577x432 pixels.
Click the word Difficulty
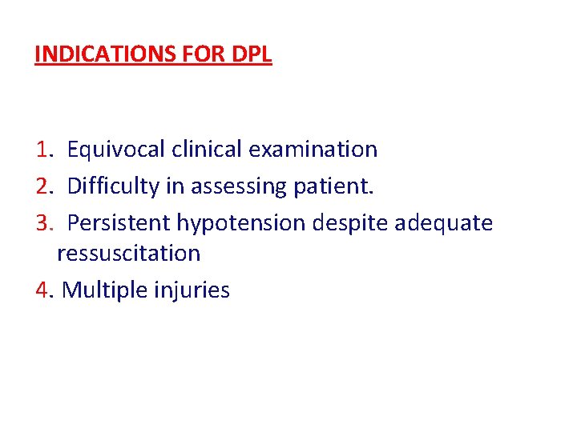pyautogui.click(x=112, y=186)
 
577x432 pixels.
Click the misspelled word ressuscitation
pyautogui.click(x=129, y=254)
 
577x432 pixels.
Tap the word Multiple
pyautogui.click(x=102, y=290)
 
